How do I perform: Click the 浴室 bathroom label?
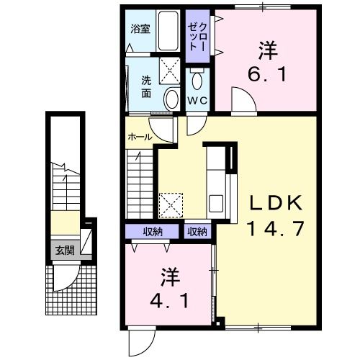pos(140,29)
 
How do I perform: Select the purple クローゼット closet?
pos(198,36)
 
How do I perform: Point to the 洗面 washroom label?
pos(146,87)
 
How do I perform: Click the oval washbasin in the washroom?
pos(171,99)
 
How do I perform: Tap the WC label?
pos(197,100)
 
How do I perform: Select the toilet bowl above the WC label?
pos(197,78)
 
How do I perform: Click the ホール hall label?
pos(139,137)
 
